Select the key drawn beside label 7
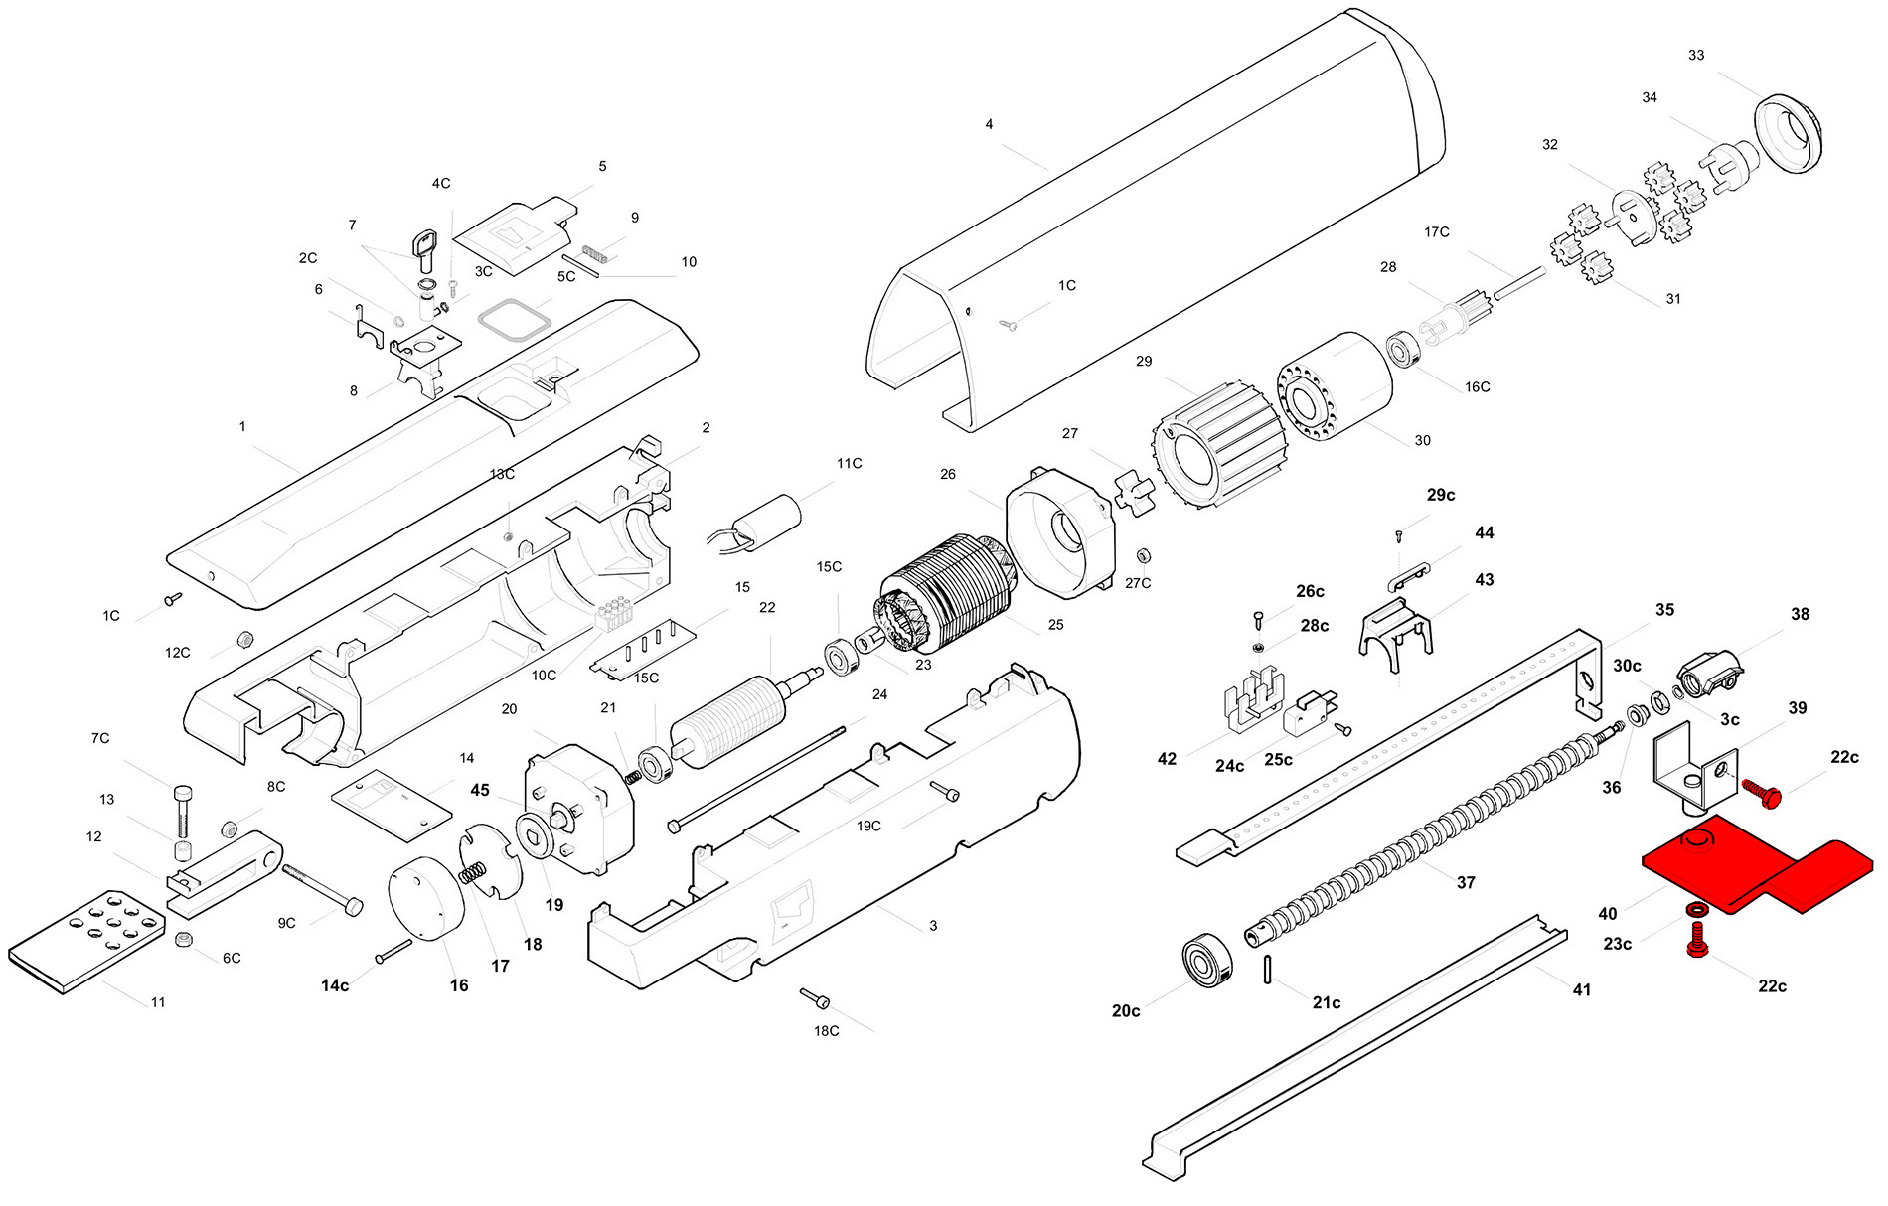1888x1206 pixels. pos(425,249)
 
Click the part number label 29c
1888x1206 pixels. pos(1440,495)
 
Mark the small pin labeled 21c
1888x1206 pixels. pos(1269,970)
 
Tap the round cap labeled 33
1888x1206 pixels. pos(1789,134)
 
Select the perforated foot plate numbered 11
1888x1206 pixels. pos(87,940)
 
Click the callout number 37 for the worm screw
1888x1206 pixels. pos(1466,882)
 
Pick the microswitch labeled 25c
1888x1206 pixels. pos(1310,713)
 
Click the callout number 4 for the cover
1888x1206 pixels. pos(989,124)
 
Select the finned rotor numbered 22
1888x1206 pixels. pos(730,718)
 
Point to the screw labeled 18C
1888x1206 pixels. pos(816,997)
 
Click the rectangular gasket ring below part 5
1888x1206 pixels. pos(514,321)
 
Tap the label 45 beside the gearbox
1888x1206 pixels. pos(480,790)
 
